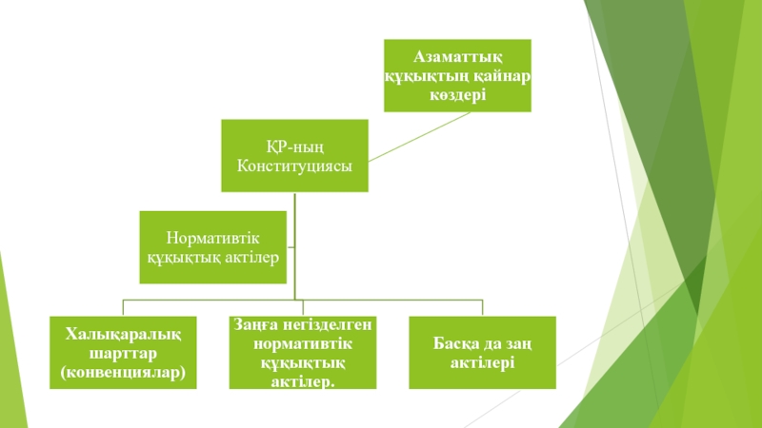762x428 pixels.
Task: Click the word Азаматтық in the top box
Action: (x=457, y=57)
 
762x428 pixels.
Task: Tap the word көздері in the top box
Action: (x=457, y=93)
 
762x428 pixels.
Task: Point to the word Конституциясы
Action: (x=294, y=165)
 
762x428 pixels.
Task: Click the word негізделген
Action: (x=327, y=326)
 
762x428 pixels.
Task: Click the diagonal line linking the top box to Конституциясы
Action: (x=420, y=136)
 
